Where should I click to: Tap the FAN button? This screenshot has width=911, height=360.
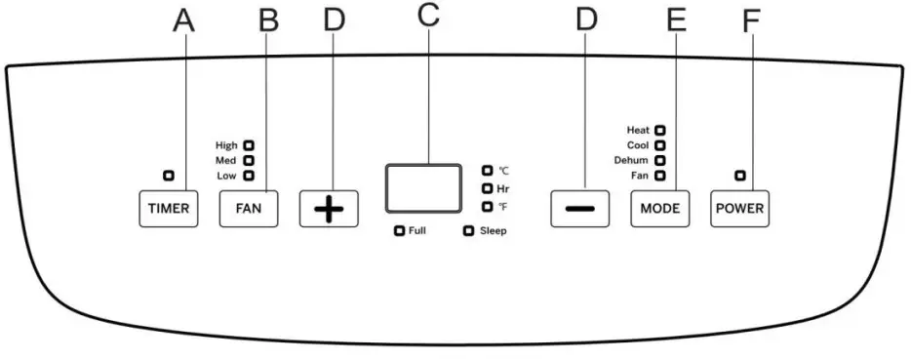(248, 210)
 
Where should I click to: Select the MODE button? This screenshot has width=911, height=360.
(659, 210)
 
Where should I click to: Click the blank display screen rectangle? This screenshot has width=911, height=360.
(422, 188)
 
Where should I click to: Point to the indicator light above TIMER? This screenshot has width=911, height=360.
(169, 176)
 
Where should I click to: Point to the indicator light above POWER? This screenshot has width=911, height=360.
(740, 176)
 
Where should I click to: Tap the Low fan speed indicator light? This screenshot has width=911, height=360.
(249, 176)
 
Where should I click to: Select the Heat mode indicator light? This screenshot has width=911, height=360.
(660, 129)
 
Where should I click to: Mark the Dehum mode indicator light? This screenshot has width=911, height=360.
(660, 160)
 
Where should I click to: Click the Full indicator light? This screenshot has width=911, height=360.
(399, 231)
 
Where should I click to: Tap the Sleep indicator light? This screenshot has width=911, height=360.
(468, 231)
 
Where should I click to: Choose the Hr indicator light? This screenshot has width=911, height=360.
(487, 188)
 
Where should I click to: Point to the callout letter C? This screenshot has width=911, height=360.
(427, 17)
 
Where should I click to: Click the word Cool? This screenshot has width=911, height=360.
(638, 144)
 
